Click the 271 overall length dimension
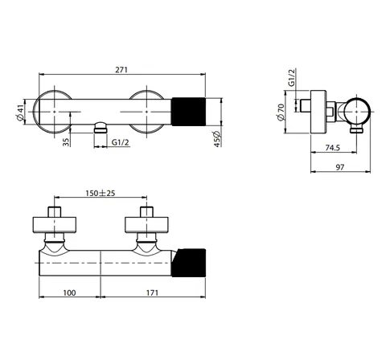[121, 70]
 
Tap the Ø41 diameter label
[20, 112]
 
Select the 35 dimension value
[66, 142]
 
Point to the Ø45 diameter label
[217, 139]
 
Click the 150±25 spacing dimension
[101, 193]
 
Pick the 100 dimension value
[69, 292]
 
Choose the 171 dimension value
[152, 292]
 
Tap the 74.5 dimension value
[332, 148]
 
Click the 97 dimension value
[340, 167]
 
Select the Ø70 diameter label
[281, 112]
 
